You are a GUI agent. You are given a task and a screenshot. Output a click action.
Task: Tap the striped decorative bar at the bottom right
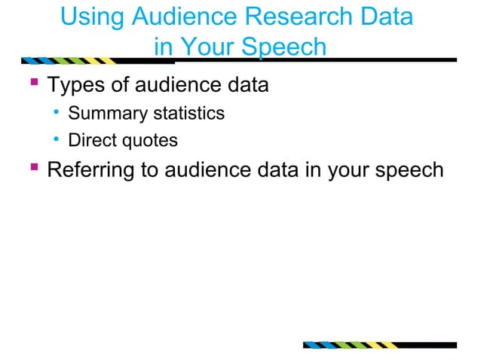(351, 346)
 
